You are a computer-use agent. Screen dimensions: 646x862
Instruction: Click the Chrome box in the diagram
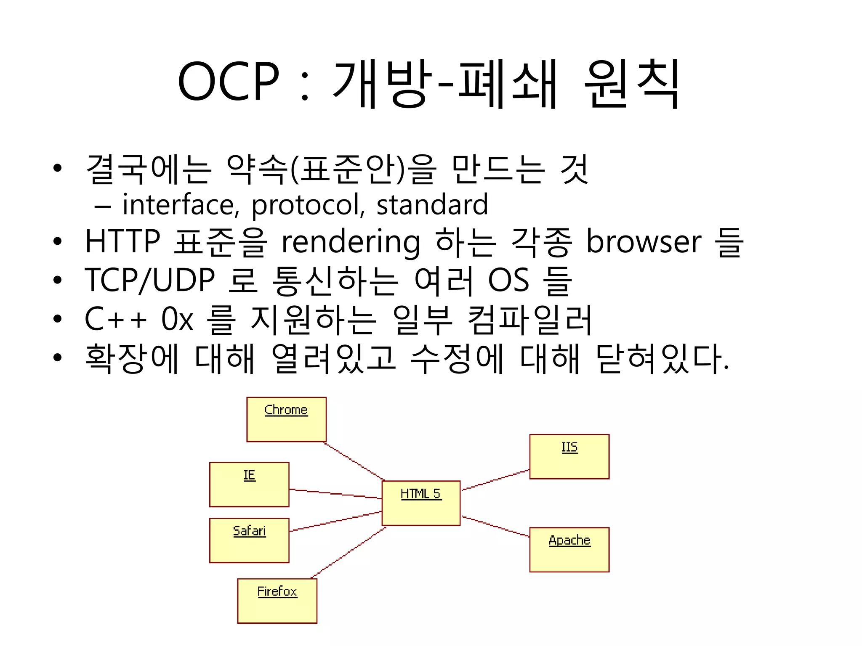click(286, 419)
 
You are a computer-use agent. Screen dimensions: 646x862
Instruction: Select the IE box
click(249, 484)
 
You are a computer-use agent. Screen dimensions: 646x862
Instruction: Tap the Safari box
click(249, 540)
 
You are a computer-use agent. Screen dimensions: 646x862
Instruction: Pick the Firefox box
click(277, 601)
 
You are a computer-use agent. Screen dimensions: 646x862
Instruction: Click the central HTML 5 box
click(421, 503)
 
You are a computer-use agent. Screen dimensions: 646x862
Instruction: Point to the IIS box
click(569, 457)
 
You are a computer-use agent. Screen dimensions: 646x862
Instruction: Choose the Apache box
click(569, 550)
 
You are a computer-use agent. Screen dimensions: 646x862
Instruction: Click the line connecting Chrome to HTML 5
click(354, 461)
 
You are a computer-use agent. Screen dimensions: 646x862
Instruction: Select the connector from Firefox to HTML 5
click(349, 553)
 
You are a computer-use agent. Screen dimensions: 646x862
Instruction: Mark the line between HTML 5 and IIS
click(496, 480)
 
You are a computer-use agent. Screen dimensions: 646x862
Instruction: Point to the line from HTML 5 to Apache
click(496, 527)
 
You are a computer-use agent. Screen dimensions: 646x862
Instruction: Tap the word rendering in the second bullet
click(351, 243)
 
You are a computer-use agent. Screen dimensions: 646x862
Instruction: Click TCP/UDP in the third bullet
click(150, 280)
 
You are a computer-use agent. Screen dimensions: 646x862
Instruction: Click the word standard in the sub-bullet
click(432, 205)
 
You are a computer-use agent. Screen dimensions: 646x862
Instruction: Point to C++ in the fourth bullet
click(116, 319)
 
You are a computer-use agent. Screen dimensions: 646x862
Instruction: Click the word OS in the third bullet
click(508, 280)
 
